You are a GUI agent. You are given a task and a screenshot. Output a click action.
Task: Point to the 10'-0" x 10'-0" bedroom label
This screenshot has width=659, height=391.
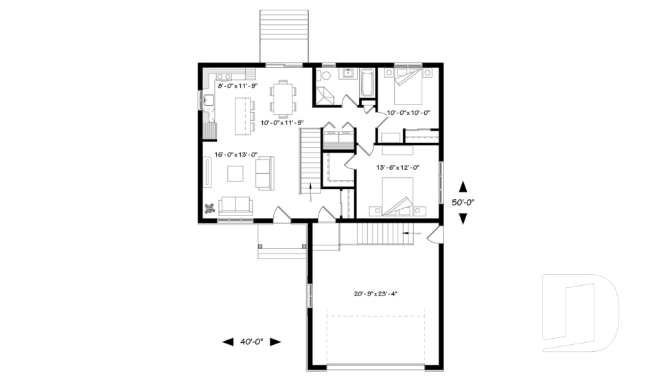[408, 112]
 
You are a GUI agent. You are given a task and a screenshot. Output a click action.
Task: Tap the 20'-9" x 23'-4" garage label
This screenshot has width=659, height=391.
[375, 293]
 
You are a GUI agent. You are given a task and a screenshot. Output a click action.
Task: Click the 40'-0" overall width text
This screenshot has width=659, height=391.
[252, 342]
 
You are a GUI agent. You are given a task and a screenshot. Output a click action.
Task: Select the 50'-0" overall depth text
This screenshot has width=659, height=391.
[463, 203]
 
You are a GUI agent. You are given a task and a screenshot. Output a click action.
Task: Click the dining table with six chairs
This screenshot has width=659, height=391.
[282, 98]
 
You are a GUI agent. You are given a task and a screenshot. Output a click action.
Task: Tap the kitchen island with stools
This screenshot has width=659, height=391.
[242, 114]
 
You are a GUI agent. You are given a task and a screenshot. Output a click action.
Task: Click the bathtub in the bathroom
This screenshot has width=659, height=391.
[367, 83]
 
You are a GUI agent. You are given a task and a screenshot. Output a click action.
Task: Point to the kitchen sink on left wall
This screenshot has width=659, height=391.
[209, 102]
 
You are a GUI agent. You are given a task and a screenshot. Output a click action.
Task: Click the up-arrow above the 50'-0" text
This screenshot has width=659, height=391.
[463, 186]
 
